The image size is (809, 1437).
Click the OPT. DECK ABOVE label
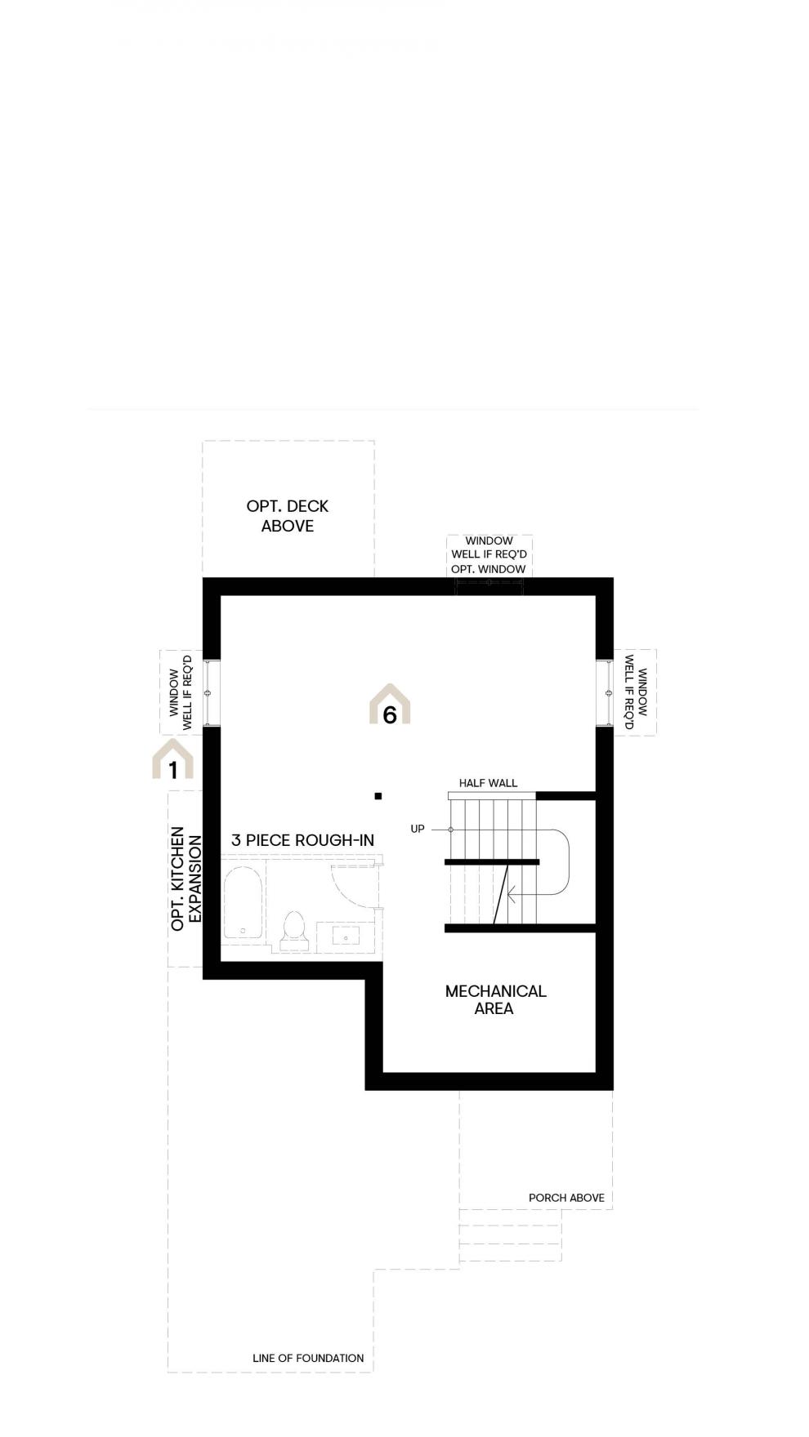pos(288,516)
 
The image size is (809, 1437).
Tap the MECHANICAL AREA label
pos(495,999)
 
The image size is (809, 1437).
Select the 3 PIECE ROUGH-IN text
pos(302,840)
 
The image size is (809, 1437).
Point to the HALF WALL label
pos(488,783)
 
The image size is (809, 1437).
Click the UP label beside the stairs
pos(418,829)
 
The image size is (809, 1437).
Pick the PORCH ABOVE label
pos(566,1198)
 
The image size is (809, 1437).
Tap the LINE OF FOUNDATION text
pos(308,1358)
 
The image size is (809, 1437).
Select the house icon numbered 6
pos(390,705)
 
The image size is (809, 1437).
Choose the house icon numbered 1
pos(172,759)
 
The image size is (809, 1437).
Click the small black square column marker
pos(378,796)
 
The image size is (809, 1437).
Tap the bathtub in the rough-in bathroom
pos(243,903)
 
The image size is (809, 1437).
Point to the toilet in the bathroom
pos(293,932)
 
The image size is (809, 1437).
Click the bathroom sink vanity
pos(346,937)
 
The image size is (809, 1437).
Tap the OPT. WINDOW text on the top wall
pos(489,569)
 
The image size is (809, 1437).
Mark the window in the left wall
pos(211,692)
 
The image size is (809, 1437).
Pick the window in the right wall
pos(605,692)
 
